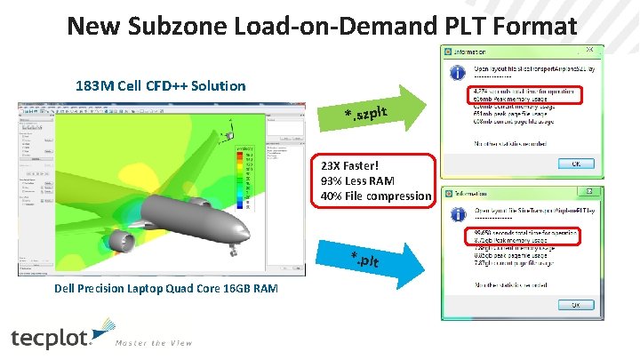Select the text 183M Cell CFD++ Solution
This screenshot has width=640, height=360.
[x=161, y=86]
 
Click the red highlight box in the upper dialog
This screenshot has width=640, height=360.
[x=522, y=93]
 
